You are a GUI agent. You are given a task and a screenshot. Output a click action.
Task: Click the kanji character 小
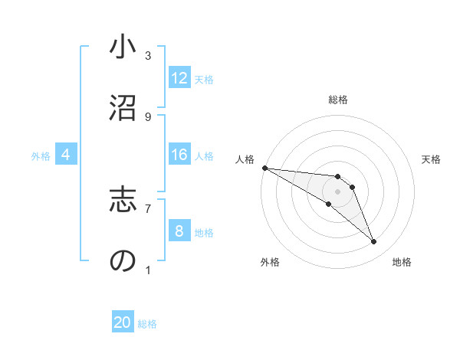tap(123, 48)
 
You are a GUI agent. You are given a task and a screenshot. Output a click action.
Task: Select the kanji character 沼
tap(123, 109)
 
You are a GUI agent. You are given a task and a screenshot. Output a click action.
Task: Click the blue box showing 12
tap(179, 78)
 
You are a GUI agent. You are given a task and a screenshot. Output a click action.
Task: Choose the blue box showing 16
tap(179, 155)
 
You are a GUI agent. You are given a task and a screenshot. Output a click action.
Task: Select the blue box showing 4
tap(65, 155)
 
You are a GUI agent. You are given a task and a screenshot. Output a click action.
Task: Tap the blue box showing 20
tap(123, 322)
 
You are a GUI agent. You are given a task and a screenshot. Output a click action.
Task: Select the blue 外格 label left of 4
tap(41, 155)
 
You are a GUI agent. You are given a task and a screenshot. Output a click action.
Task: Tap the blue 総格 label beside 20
tap(147, 324)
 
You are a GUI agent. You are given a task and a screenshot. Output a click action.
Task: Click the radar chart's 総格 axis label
tap(338, 100)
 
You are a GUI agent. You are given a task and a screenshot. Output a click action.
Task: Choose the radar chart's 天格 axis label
tap(432, 159)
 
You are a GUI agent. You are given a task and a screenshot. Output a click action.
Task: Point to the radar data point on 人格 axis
tap(264, 167)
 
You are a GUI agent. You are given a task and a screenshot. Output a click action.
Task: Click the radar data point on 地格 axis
tap(373, 242)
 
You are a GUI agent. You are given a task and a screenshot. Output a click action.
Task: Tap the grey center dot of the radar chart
tap(338, 191)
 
